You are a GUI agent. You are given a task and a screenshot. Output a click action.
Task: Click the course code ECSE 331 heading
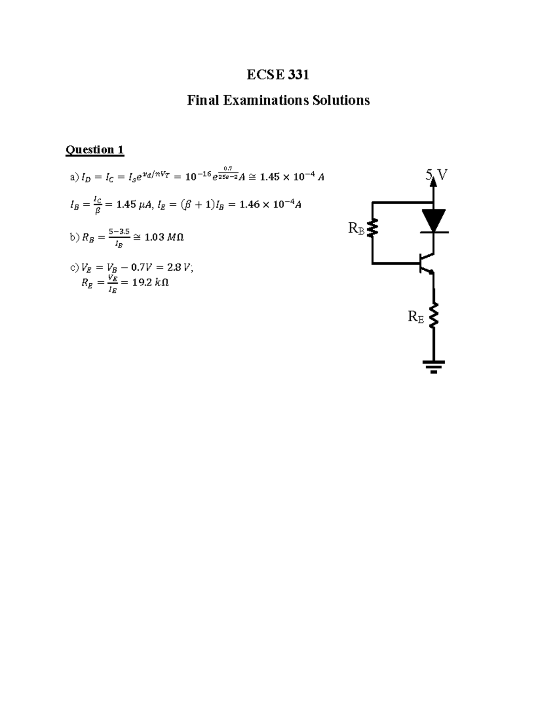point(278,75)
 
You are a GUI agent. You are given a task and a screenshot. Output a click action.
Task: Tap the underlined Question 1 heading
point(95,149)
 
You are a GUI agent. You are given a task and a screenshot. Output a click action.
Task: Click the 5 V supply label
point(437,175)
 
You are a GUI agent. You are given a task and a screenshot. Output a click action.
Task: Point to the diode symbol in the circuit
point(434,221)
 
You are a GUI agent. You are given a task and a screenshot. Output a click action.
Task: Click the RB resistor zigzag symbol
point(373,227)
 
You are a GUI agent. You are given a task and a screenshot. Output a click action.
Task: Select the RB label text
point(356,228)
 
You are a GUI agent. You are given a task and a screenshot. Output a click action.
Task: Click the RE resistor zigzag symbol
point(434,316)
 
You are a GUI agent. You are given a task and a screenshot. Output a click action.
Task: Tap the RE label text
point(416,317)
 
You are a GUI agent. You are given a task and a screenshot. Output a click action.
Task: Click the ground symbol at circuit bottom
point(434,366)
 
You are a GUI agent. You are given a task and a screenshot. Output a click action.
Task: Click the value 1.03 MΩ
point(164,237)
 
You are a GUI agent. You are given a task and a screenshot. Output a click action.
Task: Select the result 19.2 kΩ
point(150,282)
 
